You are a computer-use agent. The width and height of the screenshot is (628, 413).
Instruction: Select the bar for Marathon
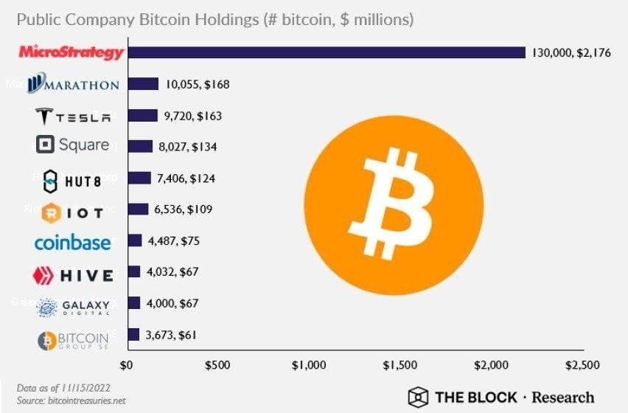[x=142, y=84]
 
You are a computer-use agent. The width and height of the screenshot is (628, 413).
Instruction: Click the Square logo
[x=73, y=145]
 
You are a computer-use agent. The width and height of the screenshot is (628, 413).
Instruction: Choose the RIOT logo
[x=73, y=212]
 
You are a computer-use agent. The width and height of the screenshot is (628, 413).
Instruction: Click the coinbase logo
[x=72, y=243]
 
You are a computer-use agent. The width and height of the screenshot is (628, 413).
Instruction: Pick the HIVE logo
[x=74, y=276]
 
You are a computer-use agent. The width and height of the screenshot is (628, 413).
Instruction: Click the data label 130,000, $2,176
[x=571, y=53]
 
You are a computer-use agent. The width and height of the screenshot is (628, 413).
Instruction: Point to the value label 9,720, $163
[x=191, y=116]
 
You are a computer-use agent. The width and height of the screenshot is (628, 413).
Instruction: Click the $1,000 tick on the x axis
[x=308, y=364]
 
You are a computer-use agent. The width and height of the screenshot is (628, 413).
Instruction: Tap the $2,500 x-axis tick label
[x=582, y=364]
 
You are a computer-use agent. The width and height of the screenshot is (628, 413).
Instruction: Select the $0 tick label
[x=126, y=364]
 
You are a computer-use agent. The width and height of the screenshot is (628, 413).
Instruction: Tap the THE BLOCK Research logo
[x=501, y=397]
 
